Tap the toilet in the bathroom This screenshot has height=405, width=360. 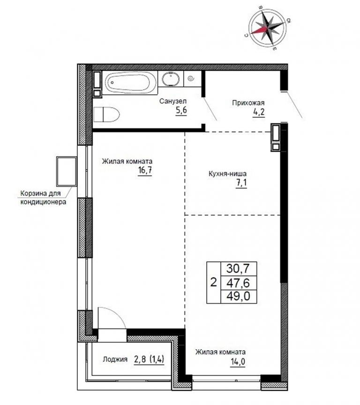click(x=106, y=114)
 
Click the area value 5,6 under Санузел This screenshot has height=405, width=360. click(x=181, y=111)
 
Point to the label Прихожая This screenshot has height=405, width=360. click(x=248, y=103)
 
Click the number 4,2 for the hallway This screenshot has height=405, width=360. click(x=259, y=112)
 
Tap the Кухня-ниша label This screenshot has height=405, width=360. click(x=227, y=173)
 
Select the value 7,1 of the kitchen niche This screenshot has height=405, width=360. click(x=241, y=183)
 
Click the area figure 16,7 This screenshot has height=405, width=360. click(x=145, y=171)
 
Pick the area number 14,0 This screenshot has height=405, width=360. click(x=238, y=361)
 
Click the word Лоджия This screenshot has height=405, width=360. click(x=115, y=359)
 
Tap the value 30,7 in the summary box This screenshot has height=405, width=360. click(x=238, y=269)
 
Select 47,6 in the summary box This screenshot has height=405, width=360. click(x=238, y=283)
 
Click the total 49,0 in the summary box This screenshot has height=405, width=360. click(x=238, y=296)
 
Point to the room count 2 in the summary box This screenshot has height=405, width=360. click(x=213, y=282)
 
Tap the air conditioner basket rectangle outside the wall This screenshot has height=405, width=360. click(x=67, y=172)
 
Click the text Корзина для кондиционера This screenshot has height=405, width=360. click(x=43, y=198)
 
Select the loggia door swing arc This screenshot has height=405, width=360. click(x=116, y=314)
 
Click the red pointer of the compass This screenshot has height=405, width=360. click(x=259, y=30)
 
